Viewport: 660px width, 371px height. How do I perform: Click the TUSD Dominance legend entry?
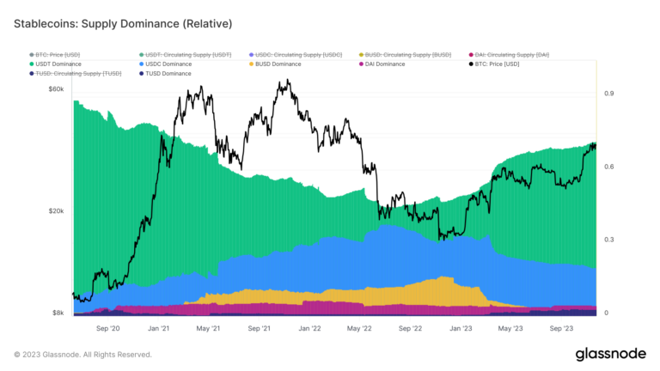[168, 74]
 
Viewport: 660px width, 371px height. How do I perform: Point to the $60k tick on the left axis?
[56, 90]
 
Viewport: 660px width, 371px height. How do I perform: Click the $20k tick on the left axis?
[56, 211]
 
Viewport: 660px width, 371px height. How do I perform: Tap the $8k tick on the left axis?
[58, 313]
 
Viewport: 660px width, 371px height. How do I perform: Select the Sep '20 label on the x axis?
[107, 328]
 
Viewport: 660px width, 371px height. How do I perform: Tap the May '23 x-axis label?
[510, 328]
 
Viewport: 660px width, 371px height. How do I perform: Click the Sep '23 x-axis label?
[561, 328]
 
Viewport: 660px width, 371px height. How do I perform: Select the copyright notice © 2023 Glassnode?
[82, 354]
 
